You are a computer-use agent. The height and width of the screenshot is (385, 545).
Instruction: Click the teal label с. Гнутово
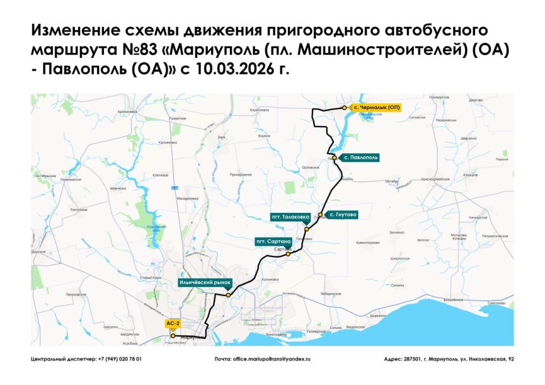click(x=343, y=215)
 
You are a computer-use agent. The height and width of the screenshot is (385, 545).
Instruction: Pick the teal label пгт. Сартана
click(x=274, y=241)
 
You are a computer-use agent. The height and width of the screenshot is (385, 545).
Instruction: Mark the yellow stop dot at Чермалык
click(x=343, y=107)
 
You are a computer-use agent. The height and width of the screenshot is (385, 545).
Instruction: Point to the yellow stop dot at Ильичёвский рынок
click(x=228, y=295)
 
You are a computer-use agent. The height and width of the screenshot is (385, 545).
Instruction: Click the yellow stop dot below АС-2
click(x=173, y=336)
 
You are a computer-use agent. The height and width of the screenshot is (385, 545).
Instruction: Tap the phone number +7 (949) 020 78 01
click(x=120, y=359)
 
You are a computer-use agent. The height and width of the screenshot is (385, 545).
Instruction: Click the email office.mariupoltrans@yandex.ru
click(x=271, y=359)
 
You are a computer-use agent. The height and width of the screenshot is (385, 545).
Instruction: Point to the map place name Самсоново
click(x=496, y=303)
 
